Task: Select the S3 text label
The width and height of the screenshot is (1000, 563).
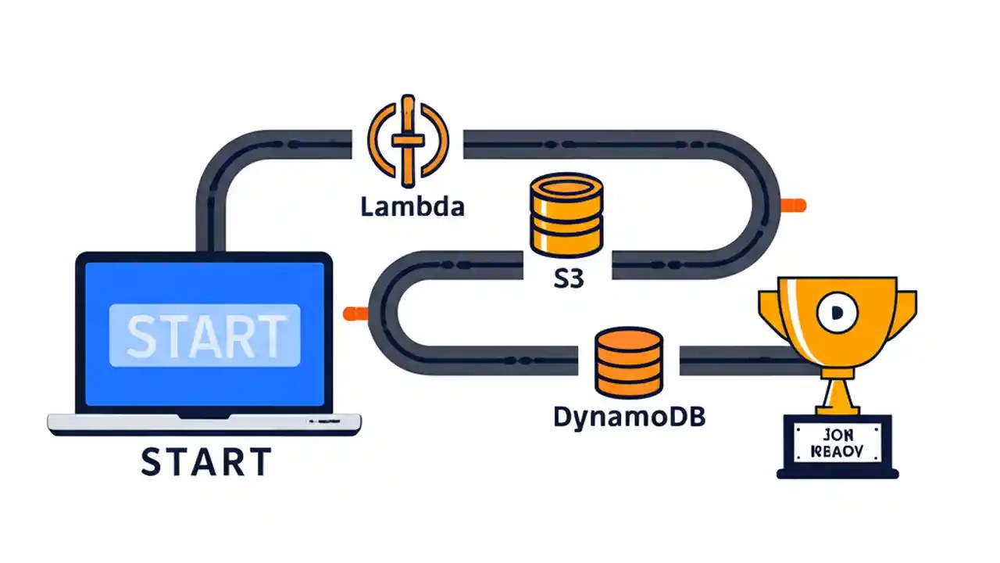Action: (x=568, y=279)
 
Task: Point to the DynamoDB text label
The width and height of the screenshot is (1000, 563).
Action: (x=629, y=417)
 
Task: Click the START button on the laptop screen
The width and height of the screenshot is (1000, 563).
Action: (x=205, y=335)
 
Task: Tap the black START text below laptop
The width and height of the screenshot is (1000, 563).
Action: (x=206, y=461)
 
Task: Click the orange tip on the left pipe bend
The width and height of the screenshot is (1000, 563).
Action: (x=355, y=313)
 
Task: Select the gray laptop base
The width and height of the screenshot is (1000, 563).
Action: (x=205, y=423)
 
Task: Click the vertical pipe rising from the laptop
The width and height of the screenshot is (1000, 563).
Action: (x=211, y=211)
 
